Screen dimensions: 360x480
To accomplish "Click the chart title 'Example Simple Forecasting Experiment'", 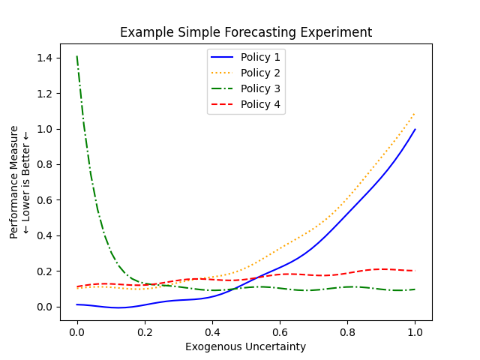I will (246, 33).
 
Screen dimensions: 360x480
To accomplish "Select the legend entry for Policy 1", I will (260, 58).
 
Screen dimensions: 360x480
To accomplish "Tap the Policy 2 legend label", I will (260, 73).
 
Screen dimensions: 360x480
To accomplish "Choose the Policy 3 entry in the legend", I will (260, 89).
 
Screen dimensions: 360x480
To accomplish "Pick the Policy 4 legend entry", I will (260, 105).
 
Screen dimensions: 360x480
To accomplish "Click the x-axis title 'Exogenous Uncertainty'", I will (246, 346).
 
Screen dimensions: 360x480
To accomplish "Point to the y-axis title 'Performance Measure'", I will (14, 183).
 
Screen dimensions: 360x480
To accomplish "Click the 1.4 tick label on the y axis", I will (44, 58).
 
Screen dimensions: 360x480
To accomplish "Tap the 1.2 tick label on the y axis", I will (44, 94).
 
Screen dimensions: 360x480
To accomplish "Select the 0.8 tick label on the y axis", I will (44, 165).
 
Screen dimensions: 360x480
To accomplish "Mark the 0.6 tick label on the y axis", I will (44, 200).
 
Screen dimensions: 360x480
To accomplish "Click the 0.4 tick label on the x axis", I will (212, 331).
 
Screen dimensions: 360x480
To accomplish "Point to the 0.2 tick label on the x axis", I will (145, 331).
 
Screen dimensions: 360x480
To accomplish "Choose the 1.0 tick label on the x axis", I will (415, 331).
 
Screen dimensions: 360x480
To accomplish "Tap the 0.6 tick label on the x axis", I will (280, 331).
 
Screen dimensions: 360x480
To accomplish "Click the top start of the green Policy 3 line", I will (77, 57).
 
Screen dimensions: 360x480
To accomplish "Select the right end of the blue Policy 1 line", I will (415, 129).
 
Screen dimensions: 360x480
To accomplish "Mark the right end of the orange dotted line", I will (415, 113).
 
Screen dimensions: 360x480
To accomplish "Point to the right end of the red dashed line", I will (415, 271).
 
